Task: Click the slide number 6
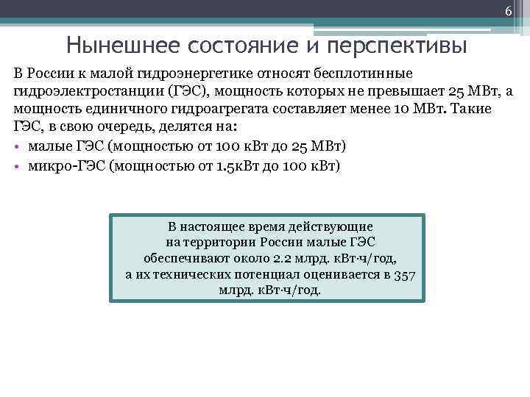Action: coord(508,11)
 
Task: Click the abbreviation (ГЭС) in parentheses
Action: coord(189,91)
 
